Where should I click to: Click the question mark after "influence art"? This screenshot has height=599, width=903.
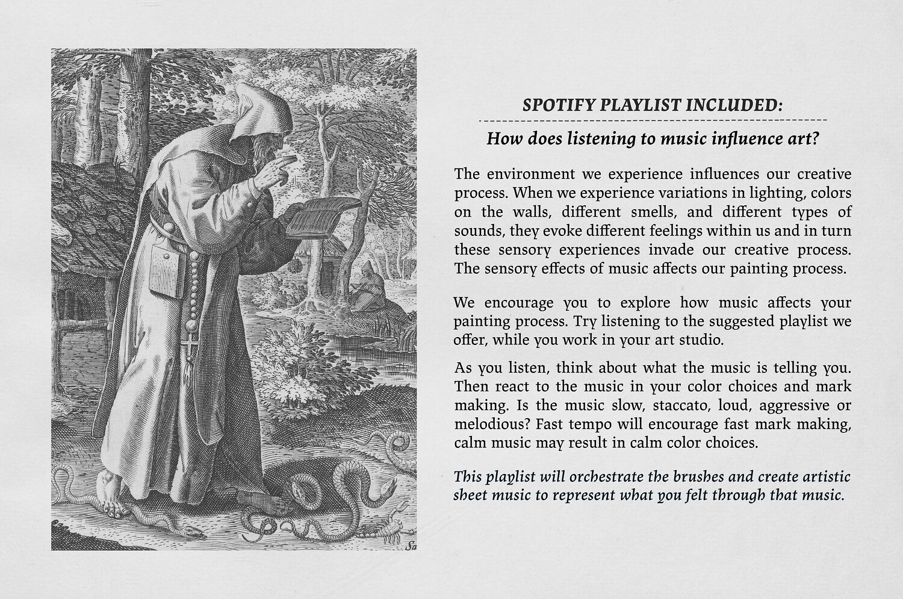coord(815,139)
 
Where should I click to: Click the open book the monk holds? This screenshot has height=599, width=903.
coord(321,216)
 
